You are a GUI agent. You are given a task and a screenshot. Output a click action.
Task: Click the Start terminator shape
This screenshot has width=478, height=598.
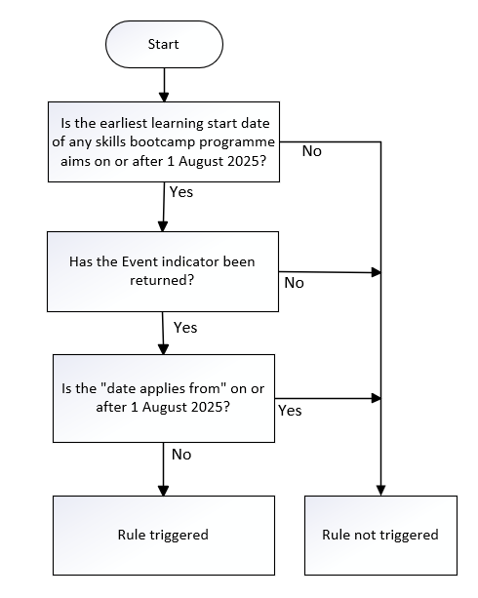[164, 44]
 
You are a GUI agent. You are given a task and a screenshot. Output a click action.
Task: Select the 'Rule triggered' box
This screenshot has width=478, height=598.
[164, 535]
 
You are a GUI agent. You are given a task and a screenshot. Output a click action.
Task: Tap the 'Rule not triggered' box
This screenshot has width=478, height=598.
[380, 535]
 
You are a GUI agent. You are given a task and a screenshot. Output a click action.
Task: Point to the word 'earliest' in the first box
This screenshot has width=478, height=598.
[124, 123]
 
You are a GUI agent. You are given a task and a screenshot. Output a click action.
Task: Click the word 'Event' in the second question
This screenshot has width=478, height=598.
[139, 261]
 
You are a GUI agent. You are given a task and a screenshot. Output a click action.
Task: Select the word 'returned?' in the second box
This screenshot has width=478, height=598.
[162, 280]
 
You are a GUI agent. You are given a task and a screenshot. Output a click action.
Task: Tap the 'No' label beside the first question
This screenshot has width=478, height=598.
[311, 151]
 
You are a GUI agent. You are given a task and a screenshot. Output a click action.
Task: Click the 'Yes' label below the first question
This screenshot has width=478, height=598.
[181, 192]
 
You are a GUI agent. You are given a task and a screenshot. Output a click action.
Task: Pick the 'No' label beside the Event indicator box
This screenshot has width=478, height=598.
[295, 283]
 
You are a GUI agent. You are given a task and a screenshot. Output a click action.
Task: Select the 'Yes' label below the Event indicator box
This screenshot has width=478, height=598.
[185, 328]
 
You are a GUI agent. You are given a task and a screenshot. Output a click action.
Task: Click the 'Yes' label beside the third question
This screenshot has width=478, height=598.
[290, 411]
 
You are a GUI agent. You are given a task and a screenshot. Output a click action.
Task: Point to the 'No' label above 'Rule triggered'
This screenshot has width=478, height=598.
[181, 455]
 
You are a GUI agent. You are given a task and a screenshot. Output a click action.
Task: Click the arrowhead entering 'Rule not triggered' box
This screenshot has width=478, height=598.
[380, 491]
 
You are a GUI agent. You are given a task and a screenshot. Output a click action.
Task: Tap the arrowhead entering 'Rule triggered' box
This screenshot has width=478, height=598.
[163, 491]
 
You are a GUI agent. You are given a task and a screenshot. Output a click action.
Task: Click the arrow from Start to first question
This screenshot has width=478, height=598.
[164, 85]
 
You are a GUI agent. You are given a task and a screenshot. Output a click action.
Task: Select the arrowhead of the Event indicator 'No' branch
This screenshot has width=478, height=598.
[377, 272]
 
